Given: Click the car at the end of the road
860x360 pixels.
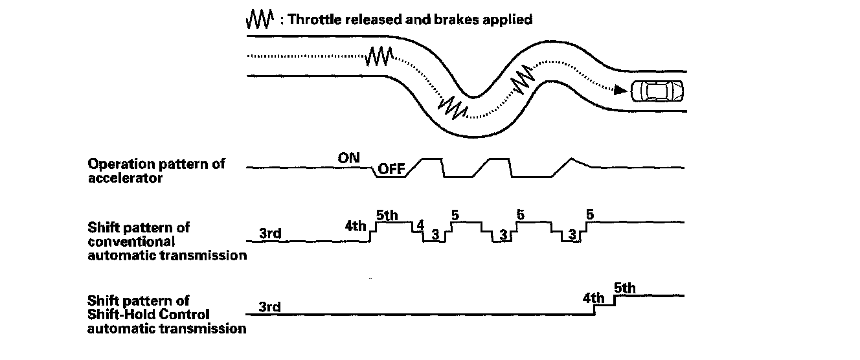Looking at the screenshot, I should coord(657,91).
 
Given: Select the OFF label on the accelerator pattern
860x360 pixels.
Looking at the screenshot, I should coord(390,170).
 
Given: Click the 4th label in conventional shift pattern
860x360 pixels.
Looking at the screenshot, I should coord(356,227).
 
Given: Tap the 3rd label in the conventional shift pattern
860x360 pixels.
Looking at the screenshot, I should coord(269,234).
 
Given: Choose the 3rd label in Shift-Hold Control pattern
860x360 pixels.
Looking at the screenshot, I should coord(269,307).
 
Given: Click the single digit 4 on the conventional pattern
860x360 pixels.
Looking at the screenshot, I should coord(420,225).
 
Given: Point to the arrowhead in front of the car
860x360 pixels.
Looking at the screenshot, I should coord(620,91).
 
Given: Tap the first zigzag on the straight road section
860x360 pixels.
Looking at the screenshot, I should coord(378,57).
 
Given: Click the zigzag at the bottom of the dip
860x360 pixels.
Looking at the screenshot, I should coord(452,107).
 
